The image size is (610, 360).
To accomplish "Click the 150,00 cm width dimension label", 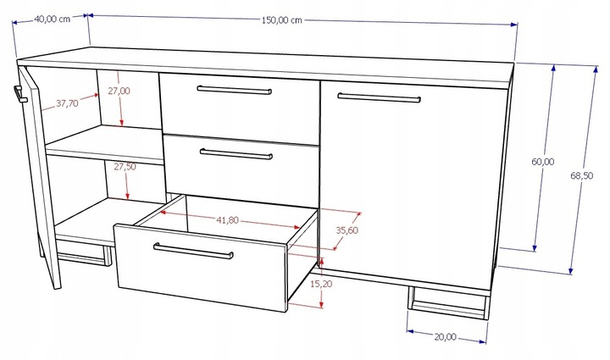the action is (x=281, y=20).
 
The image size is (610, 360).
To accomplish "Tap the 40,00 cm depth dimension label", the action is (x=53, y=19).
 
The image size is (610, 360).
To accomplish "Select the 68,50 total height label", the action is (x=581, y=175).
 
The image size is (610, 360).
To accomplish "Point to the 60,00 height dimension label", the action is (x=543, y=161).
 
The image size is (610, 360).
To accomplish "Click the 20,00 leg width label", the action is (x=446, y=336).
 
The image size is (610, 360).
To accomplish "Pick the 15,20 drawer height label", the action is (x=321, y=285).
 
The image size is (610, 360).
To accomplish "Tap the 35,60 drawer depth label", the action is (x=347, y=230).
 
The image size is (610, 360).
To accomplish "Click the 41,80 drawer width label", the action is (x=228, y=220).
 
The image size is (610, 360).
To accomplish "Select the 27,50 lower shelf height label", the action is (x=125, y=167).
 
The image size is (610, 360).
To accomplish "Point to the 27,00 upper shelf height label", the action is (x=119, y=91).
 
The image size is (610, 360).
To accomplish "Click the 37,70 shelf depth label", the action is (x=67, y=103).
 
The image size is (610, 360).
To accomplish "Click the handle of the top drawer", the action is (x=234, y=90).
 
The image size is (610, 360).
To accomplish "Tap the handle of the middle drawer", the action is (x=236, y=154).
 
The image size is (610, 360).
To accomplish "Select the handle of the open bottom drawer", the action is (x=193, y=251).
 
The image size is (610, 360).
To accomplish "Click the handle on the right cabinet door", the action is (x=379, y=97).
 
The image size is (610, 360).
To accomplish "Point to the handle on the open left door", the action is (x=19, y=95).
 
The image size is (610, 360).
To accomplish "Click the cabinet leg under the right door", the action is (x=448, y=302).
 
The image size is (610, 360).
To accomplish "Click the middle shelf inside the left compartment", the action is (x=104, y=145).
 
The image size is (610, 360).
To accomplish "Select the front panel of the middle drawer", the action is (x=241, y=170).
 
